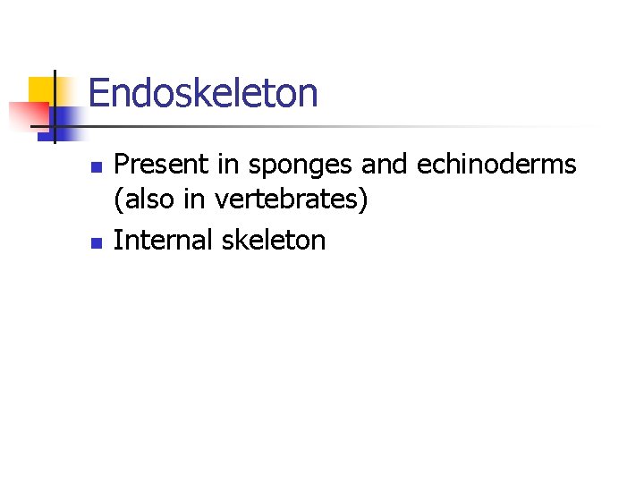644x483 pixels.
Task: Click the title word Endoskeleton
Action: point(203,93)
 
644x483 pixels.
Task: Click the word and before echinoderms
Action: point(384,165)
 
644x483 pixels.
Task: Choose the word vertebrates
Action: point(289,199)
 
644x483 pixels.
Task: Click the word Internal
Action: point(163,239)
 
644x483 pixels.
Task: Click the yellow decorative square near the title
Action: point(42,91)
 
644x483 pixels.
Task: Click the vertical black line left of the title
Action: point(55,107)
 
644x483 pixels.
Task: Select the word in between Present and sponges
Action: point(227,165)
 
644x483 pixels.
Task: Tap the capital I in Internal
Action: point(118,239)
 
